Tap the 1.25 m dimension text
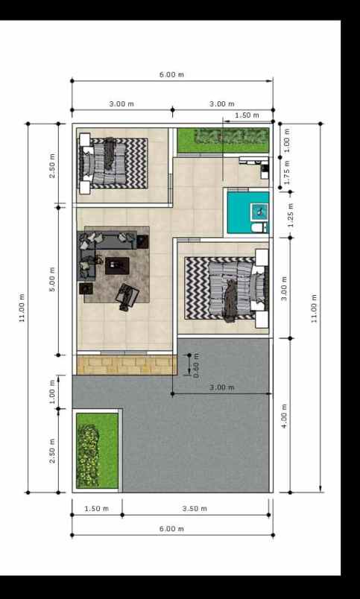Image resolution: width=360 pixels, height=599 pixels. coord(291,215)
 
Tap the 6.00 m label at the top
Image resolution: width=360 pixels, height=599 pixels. coord(171,75)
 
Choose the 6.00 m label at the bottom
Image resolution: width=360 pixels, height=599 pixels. coord(171,528)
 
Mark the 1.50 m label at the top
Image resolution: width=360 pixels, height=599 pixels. coord(247,115)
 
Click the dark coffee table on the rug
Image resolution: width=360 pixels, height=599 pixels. coord(118,265)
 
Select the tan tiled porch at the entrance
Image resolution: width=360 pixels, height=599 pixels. coord(124,364)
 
